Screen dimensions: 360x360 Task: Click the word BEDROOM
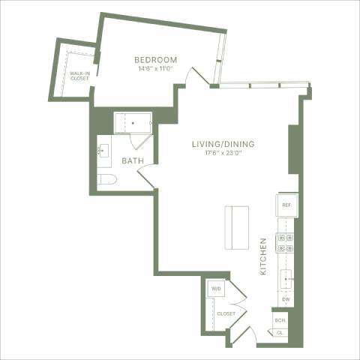pos(155,60)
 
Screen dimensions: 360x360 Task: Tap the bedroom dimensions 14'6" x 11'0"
pos(155,68)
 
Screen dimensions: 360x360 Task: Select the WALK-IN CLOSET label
pos(79,75)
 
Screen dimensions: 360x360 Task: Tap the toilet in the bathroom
pos(106,179)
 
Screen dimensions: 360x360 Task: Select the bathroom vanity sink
pos(103,151)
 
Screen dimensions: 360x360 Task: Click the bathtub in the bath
pos(132,121)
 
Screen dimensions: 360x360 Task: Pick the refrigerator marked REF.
pos(286,205)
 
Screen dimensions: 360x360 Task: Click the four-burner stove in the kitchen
pos(286,241)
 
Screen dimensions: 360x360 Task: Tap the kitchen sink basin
pos(286,280)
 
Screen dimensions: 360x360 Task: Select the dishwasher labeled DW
pos(286,300)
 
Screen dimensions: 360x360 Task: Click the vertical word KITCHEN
pos(263,257)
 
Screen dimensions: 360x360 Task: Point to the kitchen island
pos(238,227)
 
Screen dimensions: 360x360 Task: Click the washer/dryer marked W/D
pos(217,288)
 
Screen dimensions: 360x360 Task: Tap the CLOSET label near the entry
pos(226,313)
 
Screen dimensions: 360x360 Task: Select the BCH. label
pos(280,320)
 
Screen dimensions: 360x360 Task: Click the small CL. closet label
pos(280,332)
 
